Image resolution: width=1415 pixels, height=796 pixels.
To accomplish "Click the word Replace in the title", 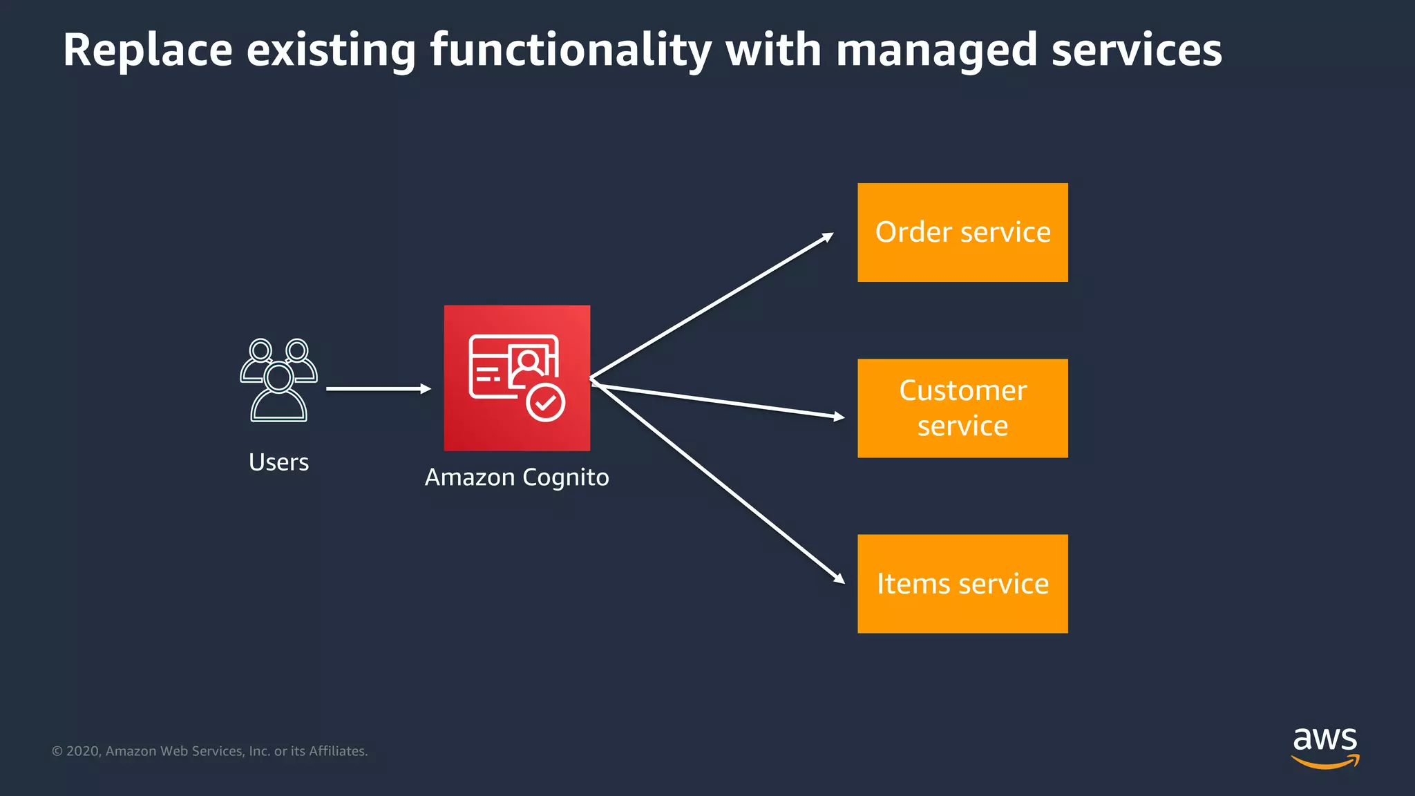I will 148,50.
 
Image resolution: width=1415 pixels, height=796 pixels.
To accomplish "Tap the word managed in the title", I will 937,50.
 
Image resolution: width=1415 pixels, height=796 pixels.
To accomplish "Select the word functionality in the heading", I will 571,50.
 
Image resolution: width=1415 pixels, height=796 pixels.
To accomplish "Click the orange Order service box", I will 962,232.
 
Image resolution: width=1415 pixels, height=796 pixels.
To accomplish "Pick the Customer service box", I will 962,408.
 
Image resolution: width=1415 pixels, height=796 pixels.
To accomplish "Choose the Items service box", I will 962,584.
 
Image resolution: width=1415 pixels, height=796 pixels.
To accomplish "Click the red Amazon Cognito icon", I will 517,378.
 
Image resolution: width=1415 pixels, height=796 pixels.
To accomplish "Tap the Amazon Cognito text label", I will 517,477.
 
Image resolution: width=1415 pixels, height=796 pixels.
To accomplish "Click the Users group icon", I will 278,379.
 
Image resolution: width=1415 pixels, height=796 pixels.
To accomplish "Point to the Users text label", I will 278,462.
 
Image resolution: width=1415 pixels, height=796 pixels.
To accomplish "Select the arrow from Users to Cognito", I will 377,389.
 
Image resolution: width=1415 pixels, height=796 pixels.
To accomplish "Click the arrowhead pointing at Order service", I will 828,238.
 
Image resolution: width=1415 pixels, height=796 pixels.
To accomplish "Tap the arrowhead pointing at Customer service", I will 839,417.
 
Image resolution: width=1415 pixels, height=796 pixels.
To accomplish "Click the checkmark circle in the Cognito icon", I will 546,402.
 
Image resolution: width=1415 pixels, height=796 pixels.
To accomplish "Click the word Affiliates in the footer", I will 337,751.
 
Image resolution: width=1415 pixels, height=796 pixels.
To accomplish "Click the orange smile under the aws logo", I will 1324,762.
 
